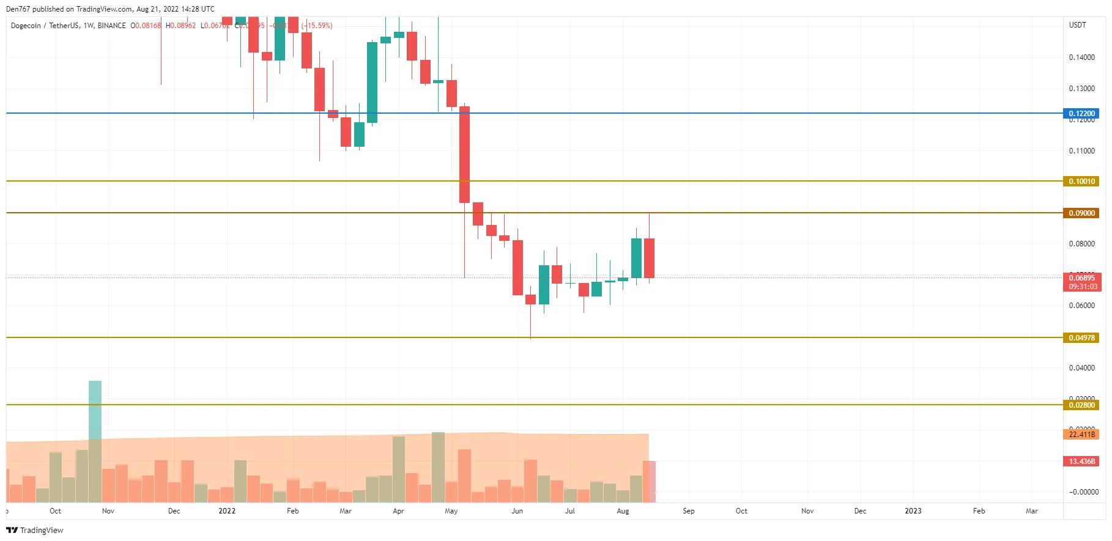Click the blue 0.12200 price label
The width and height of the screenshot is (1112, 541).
tap(1081, 114)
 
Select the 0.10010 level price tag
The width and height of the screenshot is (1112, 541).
tap(1081, 182)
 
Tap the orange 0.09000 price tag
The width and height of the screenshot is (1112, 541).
tap(1081, 213)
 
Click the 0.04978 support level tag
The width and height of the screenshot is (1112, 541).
tap(1081, 338)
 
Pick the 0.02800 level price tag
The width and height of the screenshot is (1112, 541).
tap(1081, 405)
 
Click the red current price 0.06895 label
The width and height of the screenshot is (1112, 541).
tap(1081, 278)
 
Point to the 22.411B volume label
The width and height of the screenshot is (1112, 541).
tap(1081, 435)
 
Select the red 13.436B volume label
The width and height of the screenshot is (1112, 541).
tap(1081, 462)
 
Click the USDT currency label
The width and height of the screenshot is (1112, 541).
tap(1077, 25)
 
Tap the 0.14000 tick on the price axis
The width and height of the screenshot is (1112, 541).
tap(1081, 57)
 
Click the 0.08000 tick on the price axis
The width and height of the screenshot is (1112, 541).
tap(1081, 244)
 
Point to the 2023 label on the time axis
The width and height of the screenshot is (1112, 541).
tap(913, 511)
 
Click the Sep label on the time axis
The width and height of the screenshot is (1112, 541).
tap(688, 511)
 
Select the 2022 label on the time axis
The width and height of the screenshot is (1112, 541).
tap(227, 511)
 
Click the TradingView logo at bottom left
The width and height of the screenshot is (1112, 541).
tap(35, 530)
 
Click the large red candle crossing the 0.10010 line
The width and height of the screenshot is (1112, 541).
tap(465, 155)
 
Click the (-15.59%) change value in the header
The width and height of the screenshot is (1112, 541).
tap(317, 26)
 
